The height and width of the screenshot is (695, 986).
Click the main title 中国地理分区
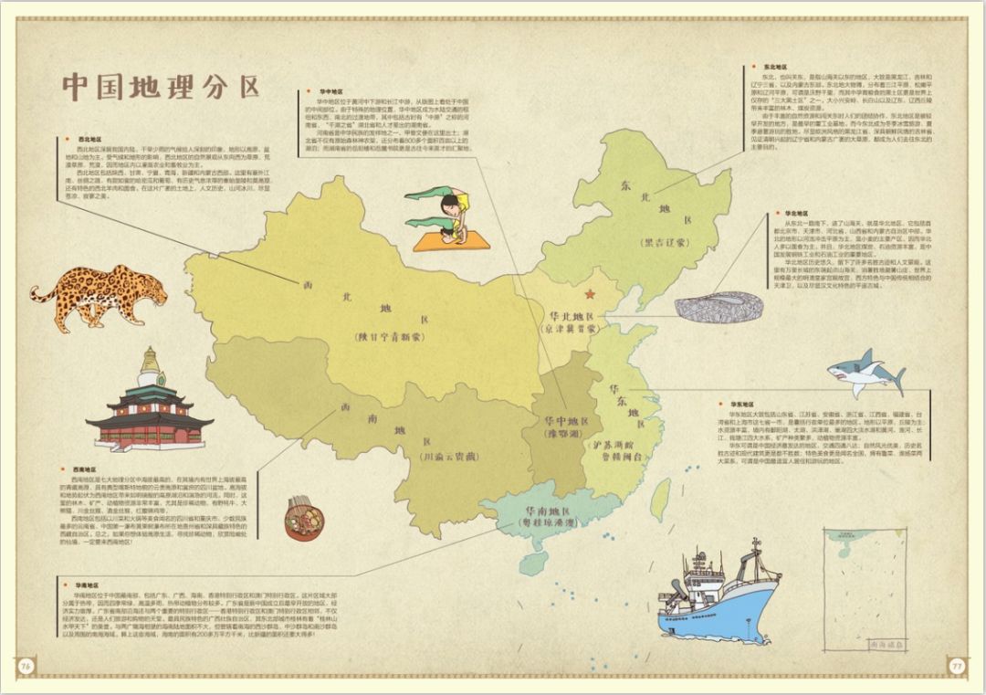point(161,87)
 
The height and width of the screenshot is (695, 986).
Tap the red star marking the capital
point(589,294)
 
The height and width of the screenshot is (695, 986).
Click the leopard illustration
point(100,294)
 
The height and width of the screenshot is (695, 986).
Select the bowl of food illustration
point(304,518)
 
